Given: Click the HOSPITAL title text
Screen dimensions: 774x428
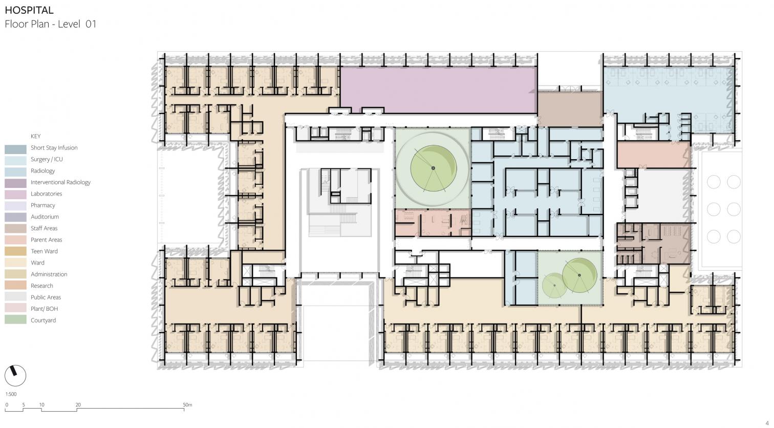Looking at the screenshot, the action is coord(29,10).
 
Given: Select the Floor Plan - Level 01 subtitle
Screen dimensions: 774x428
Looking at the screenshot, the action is coord(51,24).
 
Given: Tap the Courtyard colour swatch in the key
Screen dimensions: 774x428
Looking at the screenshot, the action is coord(15,319).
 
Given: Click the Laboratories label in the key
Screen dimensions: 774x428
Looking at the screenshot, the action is coord(46,194).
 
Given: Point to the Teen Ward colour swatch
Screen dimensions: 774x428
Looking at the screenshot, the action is coord(15,250).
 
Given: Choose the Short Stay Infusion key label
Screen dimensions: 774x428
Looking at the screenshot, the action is coord(54,147).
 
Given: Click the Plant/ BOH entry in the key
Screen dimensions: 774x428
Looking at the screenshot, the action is coord(44,309).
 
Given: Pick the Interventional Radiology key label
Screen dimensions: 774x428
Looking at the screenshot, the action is coord(60,182).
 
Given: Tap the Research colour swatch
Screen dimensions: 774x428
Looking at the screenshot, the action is coord(15,285).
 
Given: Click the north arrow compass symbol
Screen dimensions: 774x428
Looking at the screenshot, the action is coord(15,375).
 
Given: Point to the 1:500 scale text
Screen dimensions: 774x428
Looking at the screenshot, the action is coord(11,394).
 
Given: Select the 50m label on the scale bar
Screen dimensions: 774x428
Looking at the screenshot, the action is coord(187,404).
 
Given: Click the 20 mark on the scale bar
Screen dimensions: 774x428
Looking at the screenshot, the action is coord(78,404).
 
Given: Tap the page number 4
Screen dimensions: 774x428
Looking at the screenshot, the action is coord(767,423).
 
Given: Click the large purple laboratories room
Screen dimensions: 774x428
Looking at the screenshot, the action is coord(438,90).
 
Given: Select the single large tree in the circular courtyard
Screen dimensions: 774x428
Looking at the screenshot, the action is coord(433,168).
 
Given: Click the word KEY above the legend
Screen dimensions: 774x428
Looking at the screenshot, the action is coord(36,136).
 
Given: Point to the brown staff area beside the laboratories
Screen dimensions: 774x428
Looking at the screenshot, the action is coord(570,109).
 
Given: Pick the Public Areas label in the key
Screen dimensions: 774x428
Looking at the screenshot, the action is coord(46,297).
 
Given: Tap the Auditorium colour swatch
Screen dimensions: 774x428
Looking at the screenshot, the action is coord(15,217).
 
